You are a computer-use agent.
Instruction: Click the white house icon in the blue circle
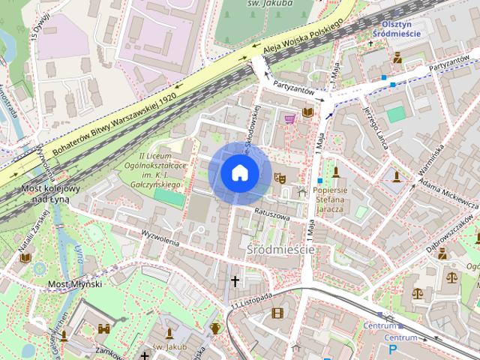(239, 173)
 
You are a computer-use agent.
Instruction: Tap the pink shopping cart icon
(289, 118)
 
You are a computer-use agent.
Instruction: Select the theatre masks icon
(280, 178)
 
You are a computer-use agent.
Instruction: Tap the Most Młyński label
(74, 283)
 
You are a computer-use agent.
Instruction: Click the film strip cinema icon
(278, 313)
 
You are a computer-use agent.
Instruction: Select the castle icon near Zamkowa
(104, 328)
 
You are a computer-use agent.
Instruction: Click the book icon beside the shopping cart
(307, 113)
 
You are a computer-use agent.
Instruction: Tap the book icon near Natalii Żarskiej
(25, 257)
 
